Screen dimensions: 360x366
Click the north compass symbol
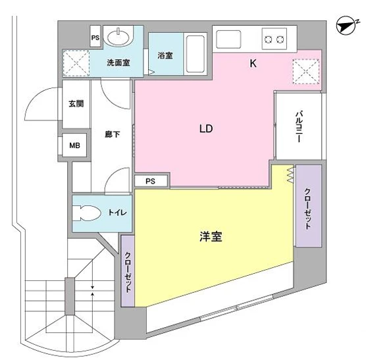(344, 25)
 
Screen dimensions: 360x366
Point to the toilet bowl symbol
(88, 212)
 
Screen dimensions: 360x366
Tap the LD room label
(206, 129)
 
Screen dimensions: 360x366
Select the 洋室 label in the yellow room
(211, 236)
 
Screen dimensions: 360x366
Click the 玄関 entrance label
(75, 103)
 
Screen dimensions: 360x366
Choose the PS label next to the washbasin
(95, 38)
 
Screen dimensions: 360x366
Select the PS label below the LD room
(149, 181)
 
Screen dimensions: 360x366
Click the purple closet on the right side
(307, 207)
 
